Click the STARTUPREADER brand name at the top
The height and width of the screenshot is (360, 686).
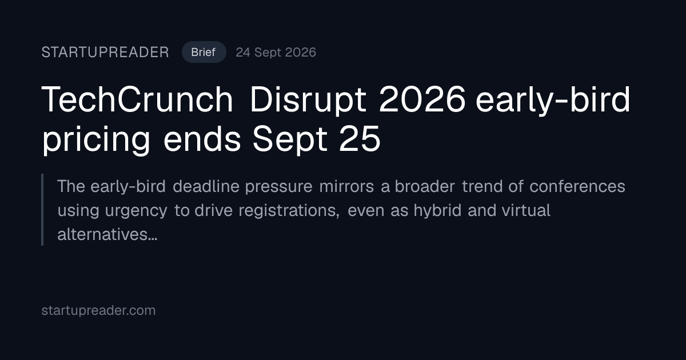(105, 53)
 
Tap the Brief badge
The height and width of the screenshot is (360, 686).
(204, 52)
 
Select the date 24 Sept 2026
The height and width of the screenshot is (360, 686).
(276, 53)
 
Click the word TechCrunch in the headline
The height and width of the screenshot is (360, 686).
(137, 99)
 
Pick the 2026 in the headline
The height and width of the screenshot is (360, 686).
(422, 99)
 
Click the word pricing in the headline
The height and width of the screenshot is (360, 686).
(96, 140)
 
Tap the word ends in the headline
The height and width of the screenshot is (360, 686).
(202, 139)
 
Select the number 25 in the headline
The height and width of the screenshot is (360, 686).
(360, 139)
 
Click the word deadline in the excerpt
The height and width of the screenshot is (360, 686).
(206, 186)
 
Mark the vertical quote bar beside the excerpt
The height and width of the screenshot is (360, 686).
(42, 210)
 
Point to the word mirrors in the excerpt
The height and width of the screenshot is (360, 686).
(346, 186)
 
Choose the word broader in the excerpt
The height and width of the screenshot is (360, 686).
(424, 186)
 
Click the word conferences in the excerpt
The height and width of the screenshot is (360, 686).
(577, 186)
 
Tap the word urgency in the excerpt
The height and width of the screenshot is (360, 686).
(136, 211)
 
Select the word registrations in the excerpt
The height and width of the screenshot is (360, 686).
(289, 211)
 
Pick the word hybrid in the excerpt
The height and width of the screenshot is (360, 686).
(437, 211)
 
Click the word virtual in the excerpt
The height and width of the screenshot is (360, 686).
(526, 210)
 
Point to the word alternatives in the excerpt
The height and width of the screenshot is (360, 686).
(107, 234)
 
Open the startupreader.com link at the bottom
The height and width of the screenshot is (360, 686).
(98, 310)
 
